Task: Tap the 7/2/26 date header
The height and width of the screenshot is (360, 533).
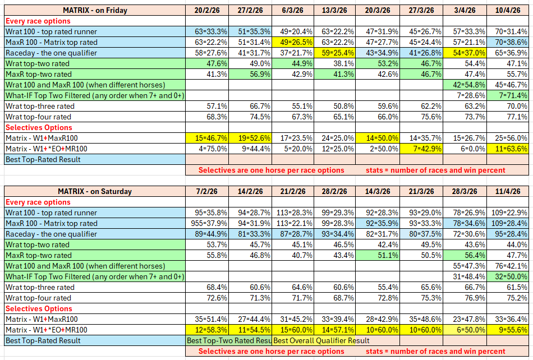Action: [x=207, y=191]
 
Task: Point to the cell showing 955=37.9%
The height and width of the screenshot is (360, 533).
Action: [x=207, y=223]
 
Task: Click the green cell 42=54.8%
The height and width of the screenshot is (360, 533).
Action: [x=464, y=85]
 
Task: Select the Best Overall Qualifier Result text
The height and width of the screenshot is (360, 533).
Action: [x=321, y=340]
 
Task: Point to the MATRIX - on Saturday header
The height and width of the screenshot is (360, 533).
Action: [x=95, y=191]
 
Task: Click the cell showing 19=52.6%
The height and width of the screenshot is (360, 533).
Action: [x=251, y=138]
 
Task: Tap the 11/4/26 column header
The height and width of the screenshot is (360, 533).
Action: [x=507, y=191]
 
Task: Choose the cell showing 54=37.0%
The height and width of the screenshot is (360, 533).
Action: [x=464, y=53]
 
